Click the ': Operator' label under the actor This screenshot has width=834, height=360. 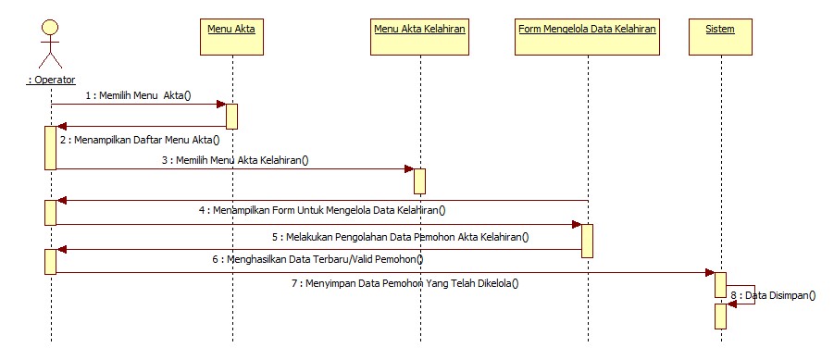click(51, 80)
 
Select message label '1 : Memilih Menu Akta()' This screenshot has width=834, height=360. click(137, 94)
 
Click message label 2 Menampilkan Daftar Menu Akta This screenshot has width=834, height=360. click(140, 140)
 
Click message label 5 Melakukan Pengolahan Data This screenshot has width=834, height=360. click(400, 236)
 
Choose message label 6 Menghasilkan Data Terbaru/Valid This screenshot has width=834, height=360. click(311, 259)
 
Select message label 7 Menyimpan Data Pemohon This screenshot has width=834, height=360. click(405, 283)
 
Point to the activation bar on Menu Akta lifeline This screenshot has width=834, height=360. click(231, 116)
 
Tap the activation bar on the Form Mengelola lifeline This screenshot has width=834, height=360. click(587, 240)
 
